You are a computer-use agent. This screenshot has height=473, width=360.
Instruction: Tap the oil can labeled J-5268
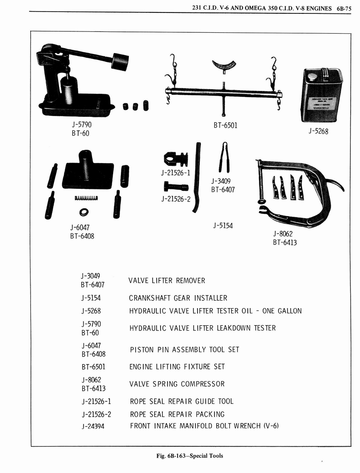click(322, 95)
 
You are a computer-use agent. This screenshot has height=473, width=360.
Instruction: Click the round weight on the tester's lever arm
click(120, 61)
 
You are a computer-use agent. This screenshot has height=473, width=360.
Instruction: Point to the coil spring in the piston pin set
click(86, 198)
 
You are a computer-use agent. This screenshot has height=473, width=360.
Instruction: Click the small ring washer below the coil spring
click(84, 212)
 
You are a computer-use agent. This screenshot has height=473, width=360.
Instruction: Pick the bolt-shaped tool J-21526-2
click(175, 187)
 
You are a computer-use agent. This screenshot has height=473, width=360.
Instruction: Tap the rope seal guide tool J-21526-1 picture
click(175, 159)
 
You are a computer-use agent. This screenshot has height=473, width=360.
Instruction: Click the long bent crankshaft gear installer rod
click(197, 178)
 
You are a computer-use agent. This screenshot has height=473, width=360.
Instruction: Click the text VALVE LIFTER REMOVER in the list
click(167, 281)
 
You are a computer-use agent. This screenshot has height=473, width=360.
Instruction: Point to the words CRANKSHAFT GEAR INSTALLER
click(178, 298)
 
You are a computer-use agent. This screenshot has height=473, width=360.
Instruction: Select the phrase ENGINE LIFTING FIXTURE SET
click(177, 367)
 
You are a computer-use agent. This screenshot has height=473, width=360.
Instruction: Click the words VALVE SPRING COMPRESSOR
click(177, 384)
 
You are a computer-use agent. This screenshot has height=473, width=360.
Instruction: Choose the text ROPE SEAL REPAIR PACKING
click(177, 414)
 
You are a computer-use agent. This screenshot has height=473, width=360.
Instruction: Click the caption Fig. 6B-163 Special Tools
click(190, 455)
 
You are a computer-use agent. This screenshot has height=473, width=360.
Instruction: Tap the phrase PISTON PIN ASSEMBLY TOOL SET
click(184, 350)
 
